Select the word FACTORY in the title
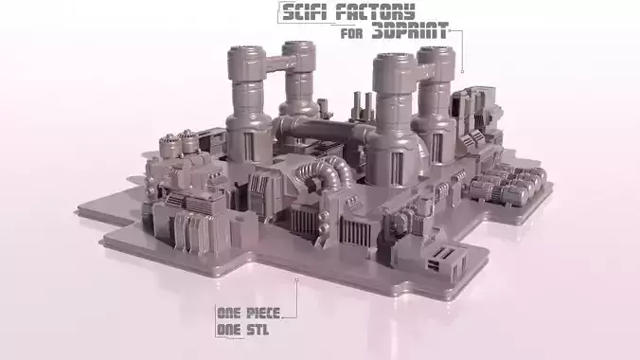380,12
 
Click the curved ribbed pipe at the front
328,175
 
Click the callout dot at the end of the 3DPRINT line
462,71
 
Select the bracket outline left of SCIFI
281,12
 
